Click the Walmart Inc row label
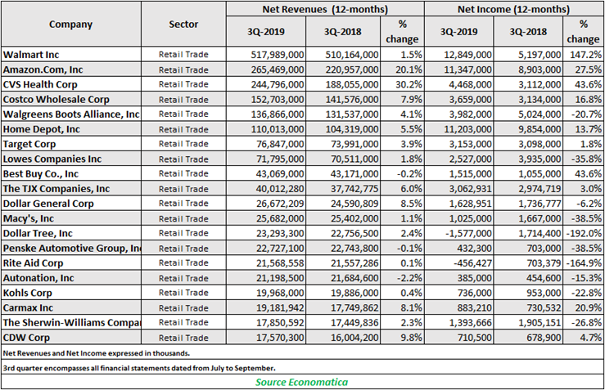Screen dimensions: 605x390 click(31, 55)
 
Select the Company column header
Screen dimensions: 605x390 click(70, 25)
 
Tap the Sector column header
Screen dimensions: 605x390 click(183, 25)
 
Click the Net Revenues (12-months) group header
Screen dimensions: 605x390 click(325, 9)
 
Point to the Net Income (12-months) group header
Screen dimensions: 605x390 click(513, 9)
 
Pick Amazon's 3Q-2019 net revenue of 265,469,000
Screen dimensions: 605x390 click(278, 69)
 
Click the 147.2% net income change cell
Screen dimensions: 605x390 click(585, 55)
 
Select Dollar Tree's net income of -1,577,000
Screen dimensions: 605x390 click(467, 234)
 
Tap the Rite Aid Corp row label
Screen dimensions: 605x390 click(34, 263)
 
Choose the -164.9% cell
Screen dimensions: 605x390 click(584, 263)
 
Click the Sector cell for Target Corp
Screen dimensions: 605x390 click(183, 144)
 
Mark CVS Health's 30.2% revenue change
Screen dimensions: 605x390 click(409, 84)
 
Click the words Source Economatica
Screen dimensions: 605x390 click(302, 383)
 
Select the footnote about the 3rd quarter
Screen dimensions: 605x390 click(139, 368)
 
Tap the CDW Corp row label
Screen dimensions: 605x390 click(27, 338)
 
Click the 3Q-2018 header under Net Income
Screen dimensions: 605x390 click(528, 32)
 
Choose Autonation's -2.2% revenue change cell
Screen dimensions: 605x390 click(409, 278)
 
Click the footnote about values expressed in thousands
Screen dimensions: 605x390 click(97, 353)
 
